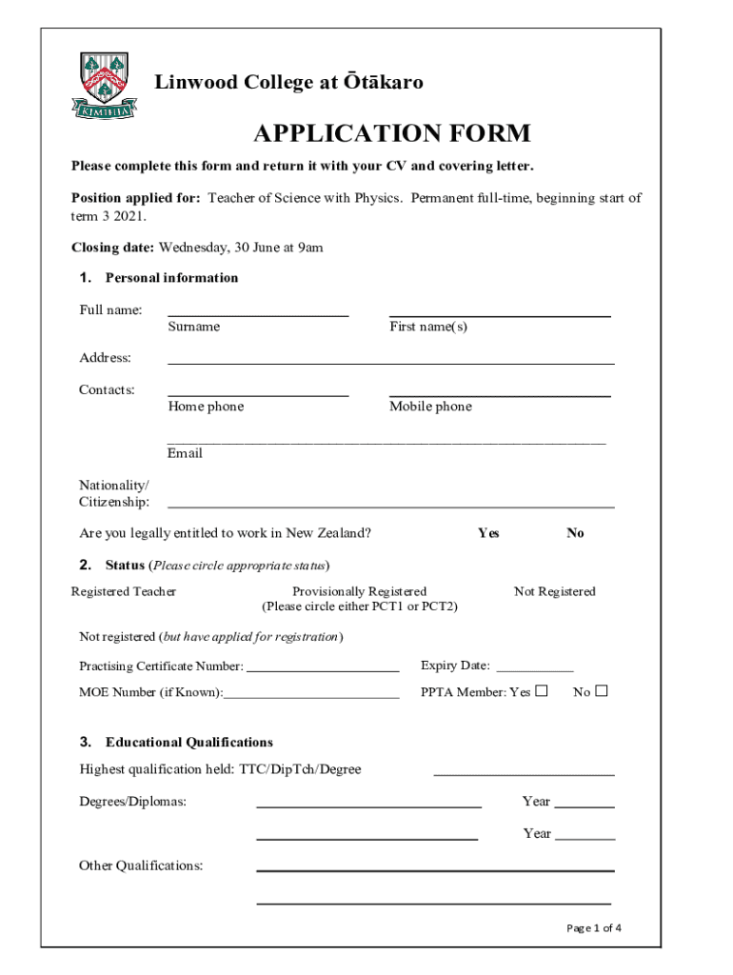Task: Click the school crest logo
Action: point(104,85)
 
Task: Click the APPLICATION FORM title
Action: point(391,133)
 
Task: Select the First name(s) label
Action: point(428,327)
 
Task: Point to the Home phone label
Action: point(206,407)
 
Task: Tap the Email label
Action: point(185,453)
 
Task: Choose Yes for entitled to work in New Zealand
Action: point(488,533)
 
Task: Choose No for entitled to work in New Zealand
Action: point(575,533)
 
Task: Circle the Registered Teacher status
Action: point(124,591)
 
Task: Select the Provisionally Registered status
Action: point(359,591)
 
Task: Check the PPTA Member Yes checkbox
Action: point(542,691)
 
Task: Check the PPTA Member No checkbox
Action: point(601,691)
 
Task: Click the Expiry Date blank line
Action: point(535,670)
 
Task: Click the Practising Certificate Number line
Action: point(323,670)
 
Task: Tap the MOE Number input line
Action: point(311,697)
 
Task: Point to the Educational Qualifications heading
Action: point(188,742)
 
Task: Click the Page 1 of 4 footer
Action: point(594,928)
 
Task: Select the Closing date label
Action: point(112,248)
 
